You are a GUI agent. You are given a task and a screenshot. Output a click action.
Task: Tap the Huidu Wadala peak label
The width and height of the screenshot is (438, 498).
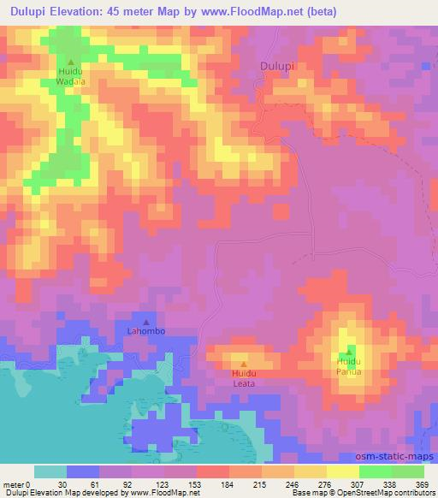[71, 76]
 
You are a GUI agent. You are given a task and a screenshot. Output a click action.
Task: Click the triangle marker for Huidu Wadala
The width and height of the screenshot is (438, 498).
[71, 61]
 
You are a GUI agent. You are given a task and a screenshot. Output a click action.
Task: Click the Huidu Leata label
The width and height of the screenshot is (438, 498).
[244, 379]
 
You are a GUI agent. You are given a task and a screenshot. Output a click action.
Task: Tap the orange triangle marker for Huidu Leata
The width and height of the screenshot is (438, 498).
[244, 365]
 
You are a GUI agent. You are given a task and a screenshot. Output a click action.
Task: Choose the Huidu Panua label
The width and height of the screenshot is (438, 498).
[348, 367]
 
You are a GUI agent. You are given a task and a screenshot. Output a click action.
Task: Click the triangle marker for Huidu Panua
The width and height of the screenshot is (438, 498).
[348, 352]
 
